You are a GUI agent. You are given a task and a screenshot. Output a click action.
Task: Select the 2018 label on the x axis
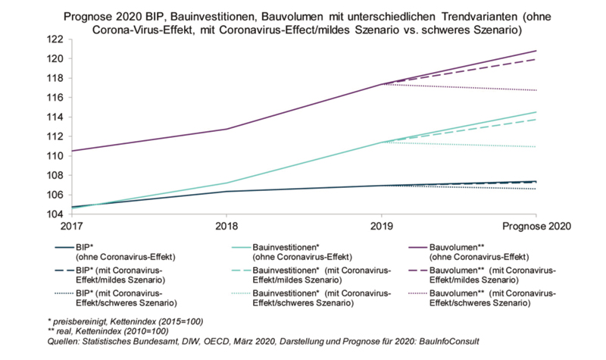[x=226, y=226]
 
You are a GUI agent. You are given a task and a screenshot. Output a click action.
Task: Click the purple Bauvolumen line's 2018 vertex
[x=226, y=129]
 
